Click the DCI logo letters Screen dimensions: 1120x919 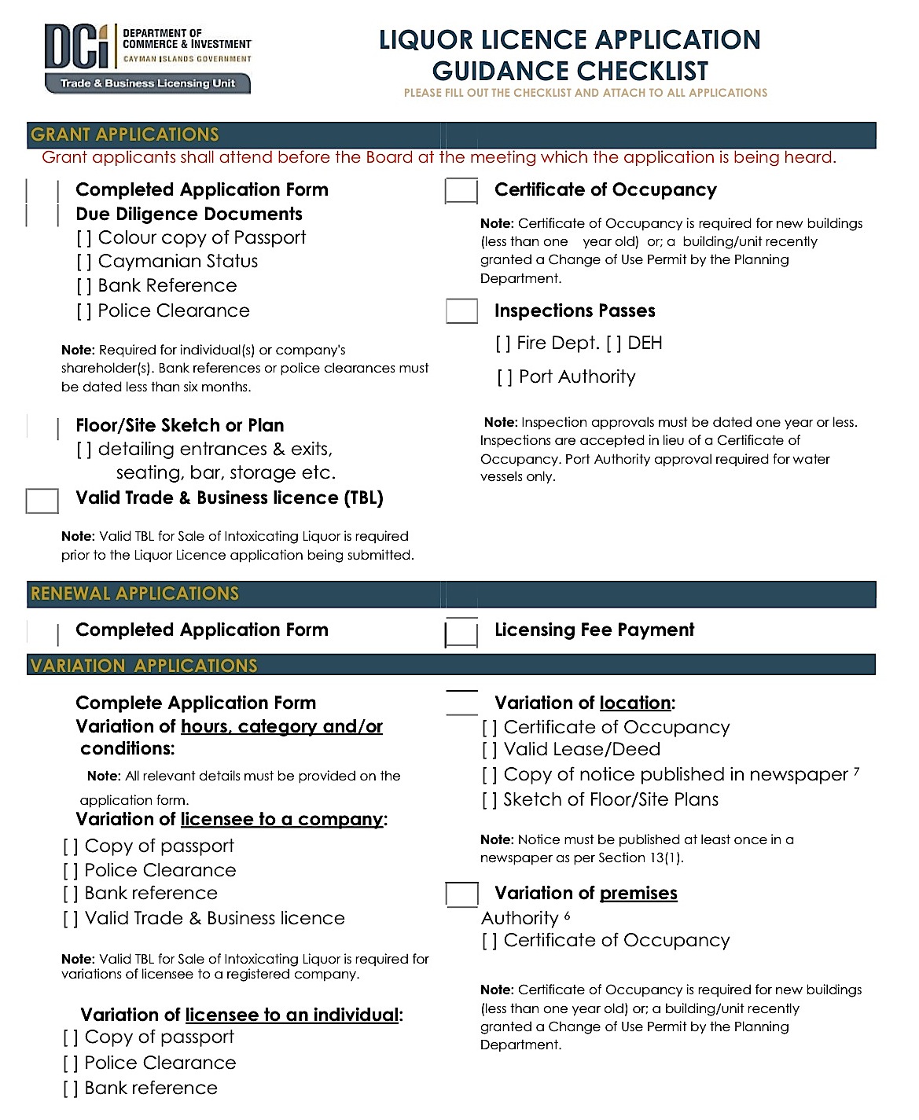point(76,47)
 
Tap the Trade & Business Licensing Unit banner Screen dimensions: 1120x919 point(148,83)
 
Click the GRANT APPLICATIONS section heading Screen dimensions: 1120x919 point(125,134)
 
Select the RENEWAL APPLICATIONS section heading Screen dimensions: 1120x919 point(134,593)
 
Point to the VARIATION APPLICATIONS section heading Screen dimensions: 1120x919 point(144,666)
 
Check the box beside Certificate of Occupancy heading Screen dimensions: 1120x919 point(461,190)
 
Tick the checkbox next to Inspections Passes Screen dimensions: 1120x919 point(461,311)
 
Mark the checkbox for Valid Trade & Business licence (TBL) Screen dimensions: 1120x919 point(42,501)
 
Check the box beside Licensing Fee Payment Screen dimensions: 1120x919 point(461,632)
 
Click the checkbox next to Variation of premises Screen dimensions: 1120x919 point(462,894)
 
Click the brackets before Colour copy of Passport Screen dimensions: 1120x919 point(84,238)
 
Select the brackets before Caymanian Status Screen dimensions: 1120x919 point(84,262)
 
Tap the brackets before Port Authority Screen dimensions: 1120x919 point(505,378)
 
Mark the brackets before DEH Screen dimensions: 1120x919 point(614,343)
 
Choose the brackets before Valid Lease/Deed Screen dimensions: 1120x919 point(490,751)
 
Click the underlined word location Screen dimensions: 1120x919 point(635,703)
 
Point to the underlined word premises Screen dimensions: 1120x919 point(638,894)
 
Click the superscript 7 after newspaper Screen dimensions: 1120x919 point(856,772)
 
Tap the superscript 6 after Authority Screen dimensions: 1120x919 point(567,916)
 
